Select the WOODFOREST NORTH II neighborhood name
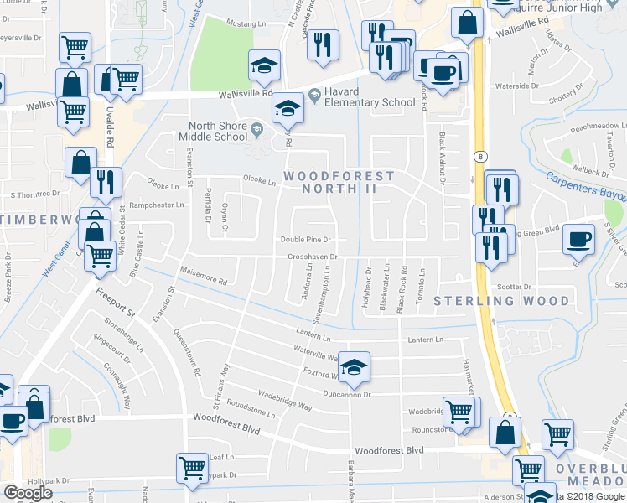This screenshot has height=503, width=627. point(338,183)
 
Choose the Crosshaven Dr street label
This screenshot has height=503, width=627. point(312,257)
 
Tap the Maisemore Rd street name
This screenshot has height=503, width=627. point(203,276)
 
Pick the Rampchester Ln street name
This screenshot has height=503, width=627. point(157,205)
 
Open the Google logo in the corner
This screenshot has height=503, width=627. point(28,493)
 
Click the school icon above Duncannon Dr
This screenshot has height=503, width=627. point(355,365)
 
